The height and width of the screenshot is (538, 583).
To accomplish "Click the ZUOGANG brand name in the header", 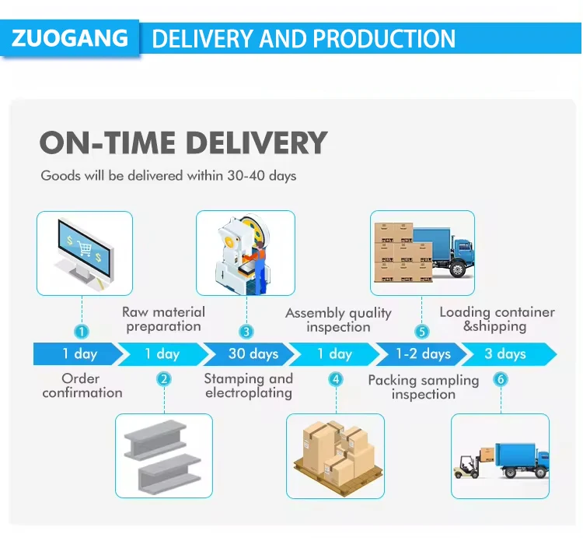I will tap(71, 38).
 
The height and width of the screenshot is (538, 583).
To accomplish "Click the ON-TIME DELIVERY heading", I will tap(183, 143).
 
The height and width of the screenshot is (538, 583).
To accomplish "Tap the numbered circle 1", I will tap(82, 332).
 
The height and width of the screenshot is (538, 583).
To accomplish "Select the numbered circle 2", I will tap(164, 379).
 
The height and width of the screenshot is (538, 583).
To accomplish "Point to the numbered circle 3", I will tap(246, 332).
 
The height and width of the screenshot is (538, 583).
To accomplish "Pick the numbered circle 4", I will tap(336, 379).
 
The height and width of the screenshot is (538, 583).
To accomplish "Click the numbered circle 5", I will tap(422, 332).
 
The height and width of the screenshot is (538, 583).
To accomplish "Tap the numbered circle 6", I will tap(501, 379).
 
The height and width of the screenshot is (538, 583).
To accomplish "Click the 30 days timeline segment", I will tap(253, 354).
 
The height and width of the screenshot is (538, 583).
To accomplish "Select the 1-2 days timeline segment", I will tap(423, 354).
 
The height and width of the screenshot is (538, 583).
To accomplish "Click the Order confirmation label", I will tap(82, 385).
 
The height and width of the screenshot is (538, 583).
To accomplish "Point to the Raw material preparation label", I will tap(164, 319).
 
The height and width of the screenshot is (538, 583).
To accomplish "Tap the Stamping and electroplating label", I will tap(249, 385).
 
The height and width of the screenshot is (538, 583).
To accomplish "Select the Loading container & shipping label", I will tap(497, 319).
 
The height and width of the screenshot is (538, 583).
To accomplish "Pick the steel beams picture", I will tap(164, 456).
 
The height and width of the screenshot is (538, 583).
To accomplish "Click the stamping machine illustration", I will tap(245, 253).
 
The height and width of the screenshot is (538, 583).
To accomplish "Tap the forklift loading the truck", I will tap(466, 466).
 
